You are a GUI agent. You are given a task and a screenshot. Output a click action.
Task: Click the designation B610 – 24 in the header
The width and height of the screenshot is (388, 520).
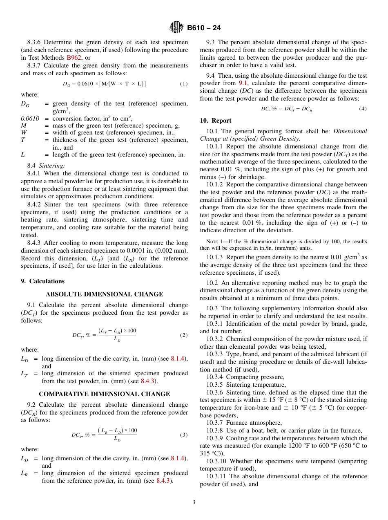click(204, 28)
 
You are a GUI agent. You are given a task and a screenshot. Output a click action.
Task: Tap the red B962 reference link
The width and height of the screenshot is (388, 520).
click(74, 58)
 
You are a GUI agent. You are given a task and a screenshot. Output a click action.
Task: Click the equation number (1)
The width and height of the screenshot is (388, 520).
click(184, 84)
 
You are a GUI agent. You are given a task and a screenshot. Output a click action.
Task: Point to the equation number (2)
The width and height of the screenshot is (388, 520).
click(184, 335)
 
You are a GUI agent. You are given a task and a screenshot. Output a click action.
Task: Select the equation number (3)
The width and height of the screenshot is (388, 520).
click(184, 435)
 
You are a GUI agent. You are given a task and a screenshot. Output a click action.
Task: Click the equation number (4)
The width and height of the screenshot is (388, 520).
click(363, 109)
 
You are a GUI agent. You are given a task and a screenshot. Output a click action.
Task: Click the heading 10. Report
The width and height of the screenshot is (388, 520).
click(215, 121)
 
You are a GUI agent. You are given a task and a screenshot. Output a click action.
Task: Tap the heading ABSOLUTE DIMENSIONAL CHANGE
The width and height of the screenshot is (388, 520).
click(104, 294)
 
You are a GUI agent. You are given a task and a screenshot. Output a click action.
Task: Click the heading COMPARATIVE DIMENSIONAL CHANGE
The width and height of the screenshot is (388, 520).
click(104, 394)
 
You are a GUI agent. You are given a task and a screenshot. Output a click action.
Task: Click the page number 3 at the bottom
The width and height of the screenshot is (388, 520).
click(194, 502)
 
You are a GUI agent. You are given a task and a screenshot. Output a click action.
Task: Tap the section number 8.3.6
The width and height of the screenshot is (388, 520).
click(34, 42)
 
